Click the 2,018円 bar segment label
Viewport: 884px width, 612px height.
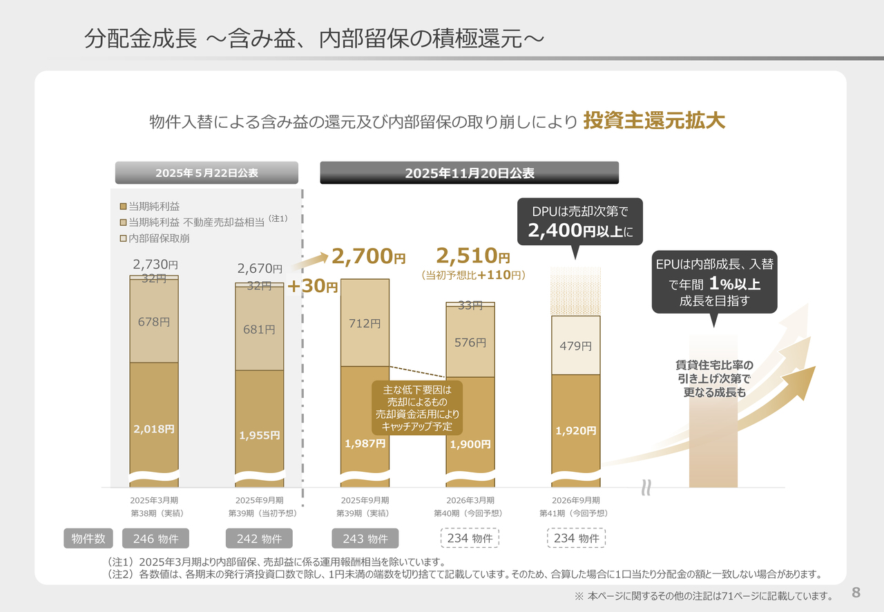click(154, 429)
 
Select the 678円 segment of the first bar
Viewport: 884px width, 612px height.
click(154, 321)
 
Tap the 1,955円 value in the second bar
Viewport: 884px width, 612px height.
click(259, 435)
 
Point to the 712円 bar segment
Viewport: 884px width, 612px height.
click(365, 323)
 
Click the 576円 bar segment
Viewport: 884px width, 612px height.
click(470, 342)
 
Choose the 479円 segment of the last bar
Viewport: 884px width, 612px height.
click(575, 346)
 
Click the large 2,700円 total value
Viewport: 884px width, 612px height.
click(369, 258)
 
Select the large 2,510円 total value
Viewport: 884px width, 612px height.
click(473, 258)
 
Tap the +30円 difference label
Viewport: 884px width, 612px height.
click(312, 286)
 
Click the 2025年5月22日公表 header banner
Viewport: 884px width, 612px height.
click(206, 173)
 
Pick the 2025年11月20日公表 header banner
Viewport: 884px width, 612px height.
click(469, 173)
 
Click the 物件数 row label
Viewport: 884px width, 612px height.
click(89, 539)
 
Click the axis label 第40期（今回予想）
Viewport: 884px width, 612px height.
click(470, 513)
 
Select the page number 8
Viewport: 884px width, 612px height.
click(856, 593)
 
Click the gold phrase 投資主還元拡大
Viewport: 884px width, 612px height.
click(654, 121)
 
